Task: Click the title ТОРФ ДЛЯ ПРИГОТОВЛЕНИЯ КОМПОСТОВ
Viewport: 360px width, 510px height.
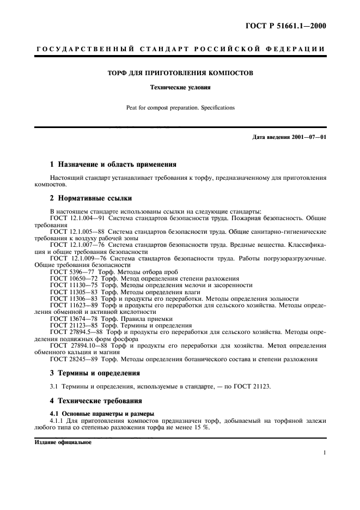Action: (180, 72)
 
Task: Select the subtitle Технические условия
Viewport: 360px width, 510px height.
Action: (180, 87)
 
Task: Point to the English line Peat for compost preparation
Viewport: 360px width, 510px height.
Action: (180, 108)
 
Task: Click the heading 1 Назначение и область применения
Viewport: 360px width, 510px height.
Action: (113, 164)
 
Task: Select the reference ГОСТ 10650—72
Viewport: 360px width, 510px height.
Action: (72, 278)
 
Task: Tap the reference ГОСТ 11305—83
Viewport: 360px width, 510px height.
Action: (72, 292)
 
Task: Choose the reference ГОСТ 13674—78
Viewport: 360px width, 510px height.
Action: (72, 318)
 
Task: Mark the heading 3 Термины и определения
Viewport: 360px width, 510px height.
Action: (95, 373)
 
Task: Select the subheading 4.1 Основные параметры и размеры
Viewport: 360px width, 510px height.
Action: (102, 413)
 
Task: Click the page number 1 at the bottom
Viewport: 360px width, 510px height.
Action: (324, 453)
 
